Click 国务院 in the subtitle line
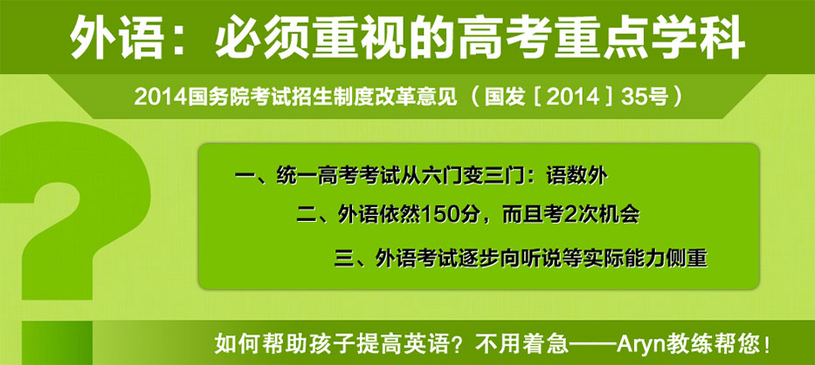pos(215,98)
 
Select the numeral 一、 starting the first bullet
pos(252,176)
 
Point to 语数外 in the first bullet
pos(577,176)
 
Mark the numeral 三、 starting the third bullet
pos(351,258)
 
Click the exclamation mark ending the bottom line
pos(768,345)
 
